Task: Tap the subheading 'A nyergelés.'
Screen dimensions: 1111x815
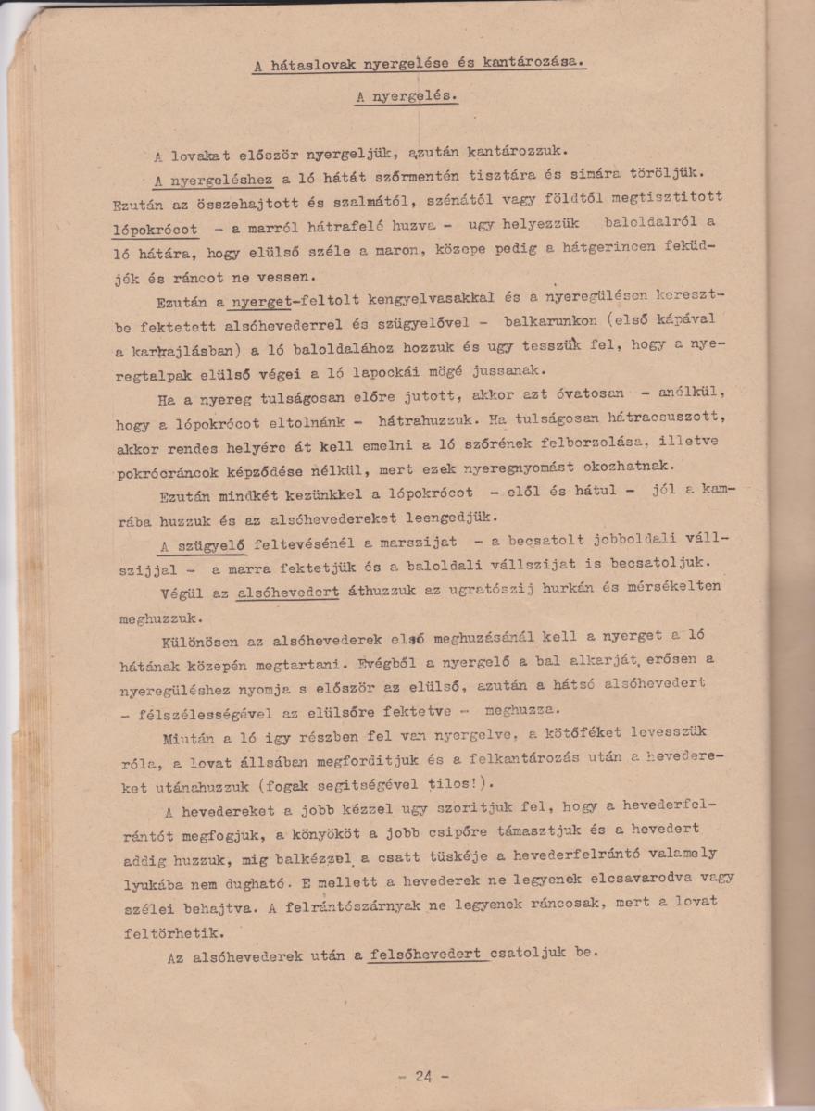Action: click(x=407, y=95)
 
